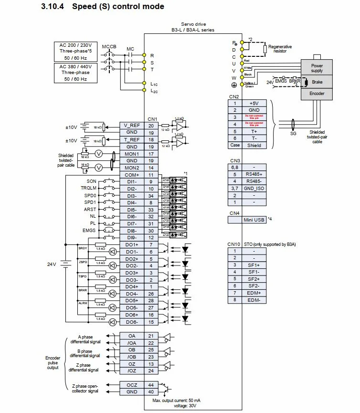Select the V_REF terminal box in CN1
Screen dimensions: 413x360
(132, 125)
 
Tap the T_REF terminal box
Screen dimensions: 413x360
(132, 139)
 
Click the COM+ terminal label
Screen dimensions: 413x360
(132, 175)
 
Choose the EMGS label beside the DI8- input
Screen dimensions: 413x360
(89, 231)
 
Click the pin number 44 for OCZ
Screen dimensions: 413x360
(151, 384)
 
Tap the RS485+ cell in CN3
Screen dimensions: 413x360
(254, 174)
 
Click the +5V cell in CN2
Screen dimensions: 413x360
(254, 103)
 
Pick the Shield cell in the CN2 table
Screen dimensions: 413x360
(254, 145)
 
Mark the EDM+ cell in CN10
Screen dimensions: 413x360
(254, 293)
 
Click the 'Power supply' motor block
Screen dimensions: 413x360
(317, 68)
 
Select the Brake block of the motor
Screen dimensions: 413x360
(317, 82)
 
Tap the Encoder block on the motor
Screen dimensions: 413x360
(317, 94)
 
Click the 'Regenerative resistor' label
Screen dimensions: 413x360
(280, 49)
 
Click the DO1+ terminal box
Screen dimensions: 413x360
(132, 244)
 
